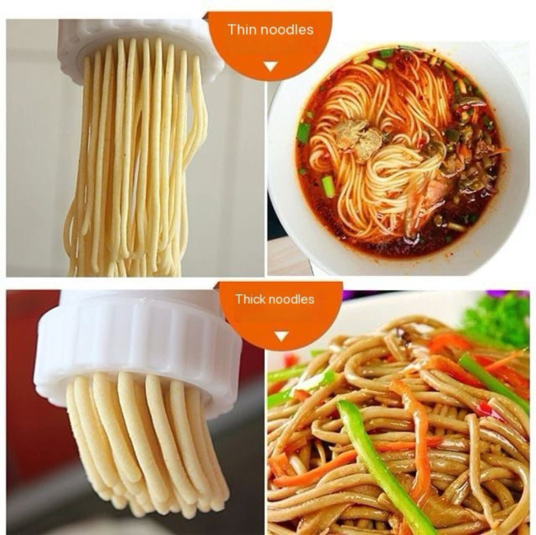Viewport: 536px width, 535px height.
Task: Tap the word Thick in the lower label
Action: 249,299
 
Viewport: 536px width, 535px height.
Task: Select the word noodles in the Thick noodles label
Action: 291,299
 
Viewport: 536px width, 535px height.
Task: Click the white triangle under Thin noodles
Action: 271,67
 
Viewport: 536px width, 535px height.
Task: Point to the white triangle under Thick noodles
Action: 281,336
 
